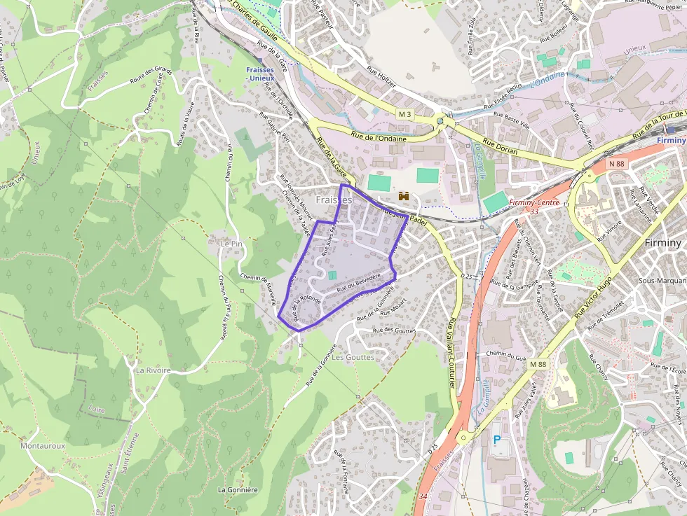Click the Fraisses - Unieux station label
261,74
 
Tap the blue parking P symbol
498,440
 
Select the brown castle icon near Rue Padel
403,197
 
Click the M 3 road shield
405,113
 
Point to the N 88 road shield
616,164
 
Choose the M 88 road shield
538,365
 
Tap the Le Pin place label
231,243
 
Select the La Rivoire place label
154,370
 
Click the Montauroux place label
43,445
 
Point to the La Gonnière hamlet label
240,489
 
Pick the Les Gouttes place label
353,357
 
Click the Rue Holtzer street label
381,76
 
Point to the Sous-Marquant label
662,280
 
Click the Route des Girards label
150,76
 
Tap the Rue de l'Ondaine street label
379,138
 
